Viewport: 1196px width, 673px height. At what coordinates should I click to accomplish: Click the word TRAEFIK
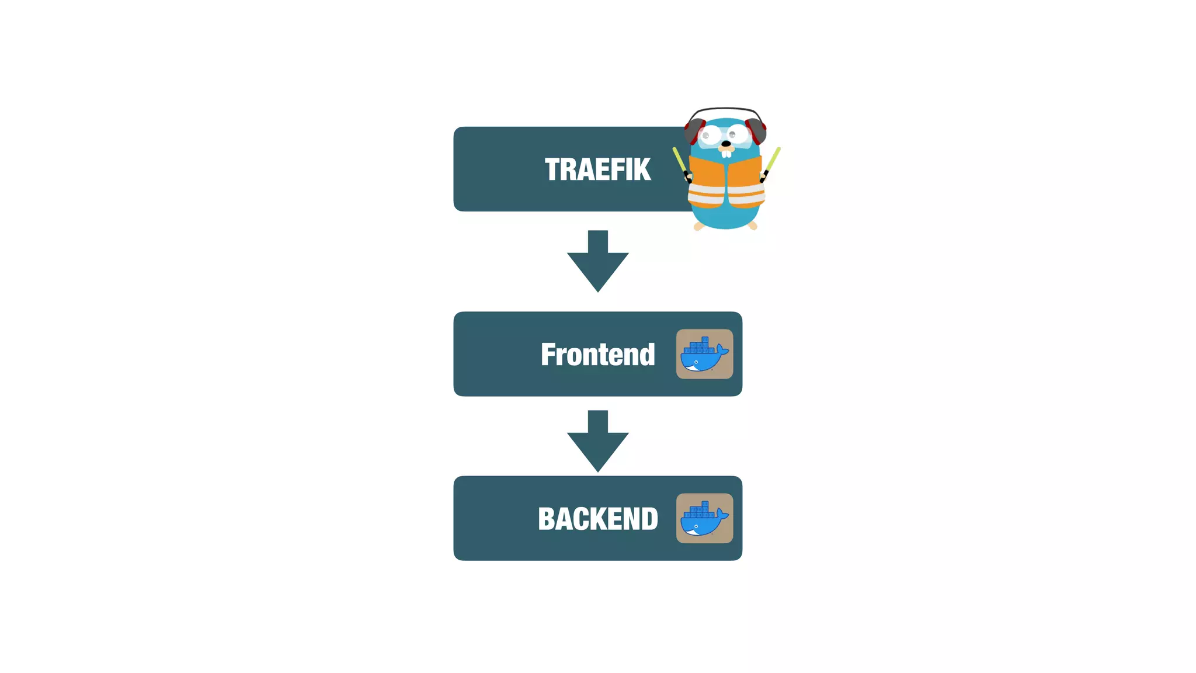(x=597, y=169)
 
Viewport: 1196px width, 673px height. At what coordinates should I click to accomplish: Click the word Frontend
(x=597, y=355)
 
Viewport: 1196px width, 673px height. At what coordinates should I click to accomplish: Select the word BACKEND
(x=597, y=519)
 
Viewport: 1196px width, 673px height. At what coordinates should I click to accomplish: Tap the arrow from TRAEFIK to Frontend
(x=597, y=261)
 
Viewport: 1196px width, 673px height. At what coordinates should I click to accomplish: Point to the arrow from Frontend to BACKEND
(x=597, y=441)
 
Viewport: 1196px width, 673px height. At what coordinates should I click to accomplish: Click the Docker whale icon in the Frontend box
(x=704, y=354)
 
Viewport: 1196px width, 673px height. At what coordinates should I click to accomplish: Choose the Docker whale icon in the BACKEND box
(x=704, y=518)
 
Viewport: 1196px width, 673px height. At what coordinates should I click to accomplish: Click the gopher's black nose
(x=726, y=143)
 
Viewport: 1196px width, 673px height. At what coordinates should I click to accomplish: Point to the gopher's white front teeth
(x=726, y=153)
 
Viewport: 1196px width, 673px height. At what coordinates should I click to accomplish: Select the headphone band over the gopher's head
(x=725, y=109)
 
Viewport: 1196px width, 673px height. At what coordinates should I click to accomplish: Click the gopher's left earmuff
(x=694, y=131)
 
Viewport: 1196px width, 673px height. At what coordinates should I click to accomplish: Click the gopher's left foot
(x=698, y=226)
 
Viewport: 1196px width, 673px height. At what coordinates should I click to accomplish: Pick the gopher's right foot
(x=753, y=226)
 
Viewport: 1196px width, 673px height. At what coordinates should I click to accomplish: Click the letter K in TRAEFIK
(x=641, y=169)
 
